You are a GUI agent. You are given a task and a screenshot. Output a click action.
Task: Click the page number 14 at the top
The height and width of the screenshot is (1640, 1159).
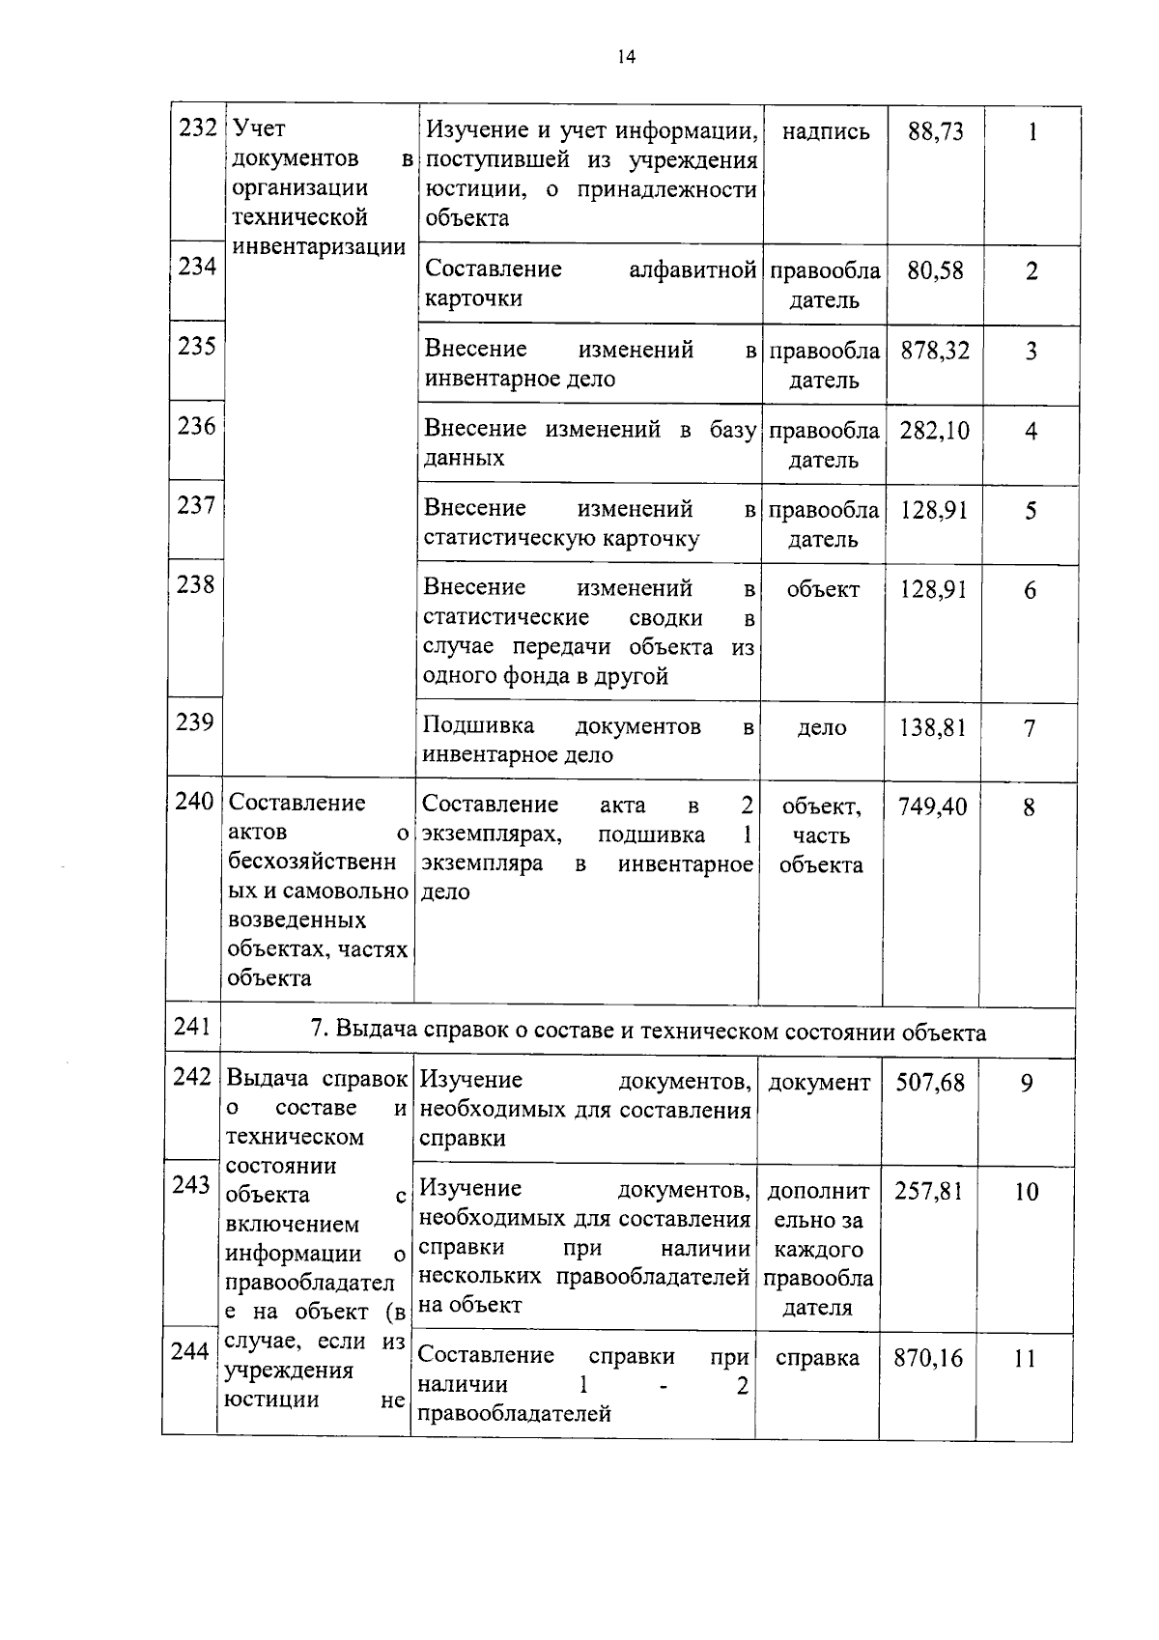click(x=627, y=57)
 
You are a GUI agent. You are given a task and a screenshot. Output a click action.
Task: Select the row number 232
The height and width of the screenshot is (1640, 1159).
click(x=198, y=129)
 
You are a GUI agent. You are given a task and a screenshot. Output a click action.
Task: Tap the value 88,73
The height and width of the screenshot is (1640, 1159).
click(x=935, y=132)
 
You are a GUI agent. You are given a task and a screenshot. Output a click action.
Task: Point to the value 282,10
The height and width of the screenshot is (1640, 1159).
click(x=934, y=431)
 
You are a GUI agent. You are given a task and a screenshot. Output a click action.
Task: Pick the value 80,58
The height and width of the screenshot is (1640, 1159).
click(x=935, y=271)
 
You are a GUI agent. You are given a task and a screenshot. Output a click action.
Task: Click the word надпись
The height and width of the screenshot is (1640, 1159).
click(x=825, y=132)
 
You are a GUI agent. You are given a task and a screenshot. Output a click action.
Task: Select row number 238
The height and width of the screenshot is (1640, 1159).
click(x=196, y=585)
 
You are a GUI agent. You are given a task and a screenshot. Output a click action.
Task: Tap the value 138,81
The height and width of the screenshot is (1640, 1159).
click(x=933, y=728)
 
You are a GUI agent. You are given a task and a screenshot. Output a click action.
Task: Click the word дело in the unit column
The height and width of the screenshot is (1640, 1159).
click(x=822, y=728)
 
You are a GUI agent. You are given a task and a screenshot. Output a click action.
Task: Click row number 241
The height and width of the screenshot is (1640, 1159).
click(x=192, y=1027)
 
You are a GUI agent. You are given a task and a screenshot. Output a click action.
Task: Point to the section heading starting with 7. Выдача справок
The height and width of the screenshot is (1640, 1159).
click(x=648, y=1032)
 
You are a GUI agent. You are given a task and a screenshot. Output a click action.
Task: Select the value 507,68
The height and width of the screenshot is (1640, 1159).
click(x=929, y=1084)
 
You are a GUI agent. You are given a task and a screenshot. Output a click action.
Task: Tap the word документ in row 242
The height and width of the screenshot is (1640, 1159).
click(x=819, y=1084)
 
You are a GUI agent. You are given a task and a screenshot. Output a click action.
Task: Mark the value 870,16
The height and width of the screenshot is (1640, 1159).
click(x=928, y=1359)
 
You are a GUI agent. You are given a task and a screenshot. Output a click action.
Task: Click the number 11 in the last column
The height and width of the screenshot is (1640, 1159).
click(x=1025, y=1359)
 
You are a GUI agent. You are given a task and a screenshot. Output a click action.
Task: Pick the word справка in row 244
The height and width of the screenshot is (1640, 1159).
click(x=817, y=1359)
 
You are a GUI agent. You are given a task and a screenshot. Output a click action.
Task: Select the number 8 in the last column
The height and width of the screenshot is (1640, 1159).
click(x=1029, y=807)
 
